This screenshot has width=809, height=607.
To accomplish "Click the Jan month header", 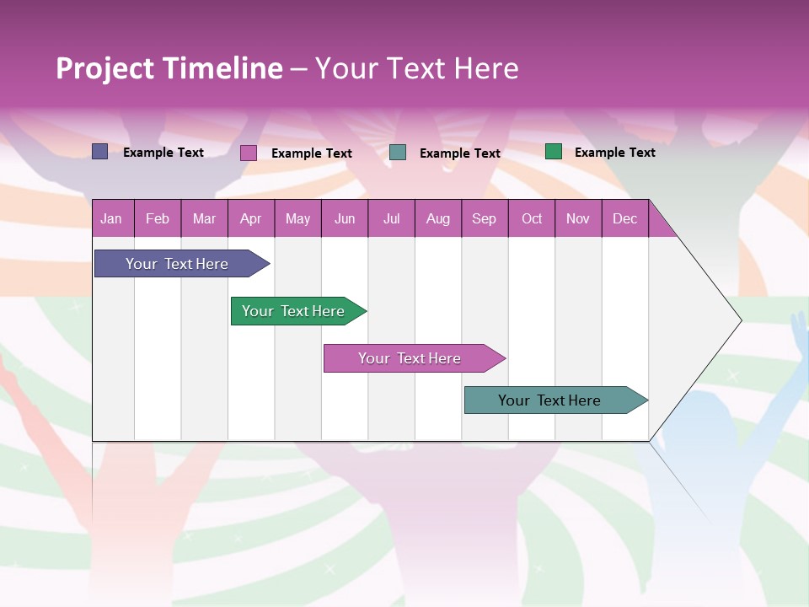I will click(112, 218).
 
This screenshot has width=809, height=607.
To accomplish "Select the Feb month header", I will click(158, 218).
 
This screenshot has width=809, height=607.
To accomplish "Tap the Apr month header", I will click(251, 218).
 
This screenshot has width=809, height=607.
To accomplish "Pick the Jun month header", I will click(345, 218).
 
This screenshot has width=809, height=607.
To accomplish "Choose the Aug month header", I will click(438, 218).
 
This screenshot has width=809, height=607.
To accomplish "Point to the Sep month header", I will click(485, 218).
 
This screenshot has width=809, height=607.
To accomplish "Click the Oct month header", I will click(532, 218).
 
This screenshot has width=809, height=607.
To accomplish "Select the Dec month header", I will click(625, 218).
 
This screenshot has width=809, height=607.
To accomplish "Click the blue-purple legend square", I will click(100, 152).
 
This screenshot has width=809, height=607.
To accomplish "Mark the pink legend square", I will click(249, 153).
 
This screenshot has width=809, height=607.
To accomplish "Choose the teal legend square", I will click(398, 153).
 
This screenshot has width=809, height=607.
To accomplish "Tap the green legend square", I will click(553, 152).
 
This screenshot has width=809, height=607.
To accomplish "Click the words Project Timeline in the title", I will click(169, 68).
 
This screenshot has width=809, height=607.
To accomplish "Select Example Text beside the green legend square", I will click(614, 152).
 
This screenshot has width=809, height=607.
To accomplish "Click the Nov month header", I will click(578, 218).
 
